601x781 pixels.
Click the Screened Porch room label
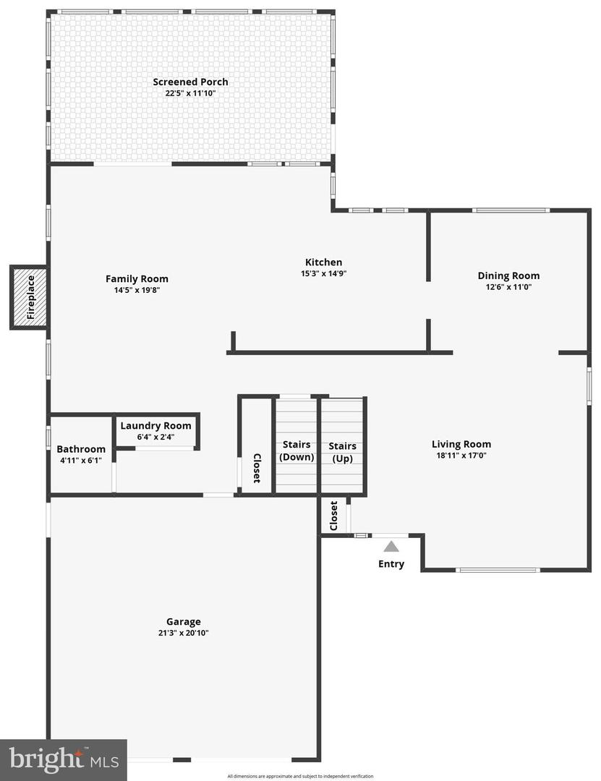(190, 82)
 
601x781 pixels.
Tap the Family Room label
(137, 278)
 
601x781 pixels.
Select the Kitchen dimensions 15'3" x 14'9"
(323, 273)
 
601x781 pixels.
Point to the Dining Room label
(508, 276)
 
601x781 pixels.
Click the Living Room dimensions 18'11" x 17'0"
(461, 456)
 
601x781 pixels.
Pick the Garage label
(183, 621)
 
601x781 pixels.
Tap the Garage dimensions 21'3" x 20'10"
(183, 633)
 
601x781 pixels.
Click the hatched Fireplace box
(30, 297)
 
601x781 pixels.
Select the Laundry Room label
(155, 426)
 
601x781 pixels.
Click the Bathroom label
(81, 449)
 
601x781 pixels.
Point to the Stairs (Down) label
(297, 451)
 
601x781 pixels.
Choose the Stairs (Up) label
(342, 452)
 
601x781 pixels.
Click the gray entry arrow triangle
(391, 547)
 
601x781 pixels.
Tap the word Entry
(391, 564)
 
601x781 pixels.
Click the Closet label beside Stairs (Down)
(257, 468)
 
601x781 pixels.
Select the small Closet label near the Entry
(333, 516)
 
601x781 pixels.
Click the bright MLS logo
(63, 759)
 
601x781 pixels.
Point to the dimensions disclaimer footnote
(300, 776)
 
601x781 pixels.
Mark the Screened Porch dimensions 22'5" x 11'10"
(190, 93)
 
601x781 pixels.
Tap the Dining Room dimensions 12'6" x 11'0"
(508, 287)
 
